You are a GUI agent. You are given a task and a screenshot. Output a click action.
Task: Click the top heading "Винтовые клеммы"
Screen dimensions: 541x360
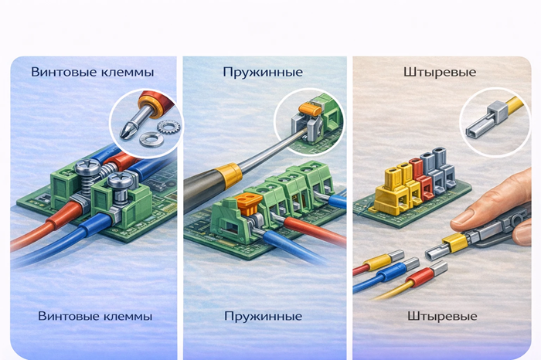point(93,72)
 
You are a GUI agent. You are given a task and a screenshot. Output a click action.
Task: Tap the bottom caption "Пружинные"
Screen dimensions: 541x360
point(264,316)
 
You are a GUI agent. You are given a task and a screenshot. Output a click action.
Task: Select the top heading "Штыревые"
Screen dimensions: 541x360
point(440,73)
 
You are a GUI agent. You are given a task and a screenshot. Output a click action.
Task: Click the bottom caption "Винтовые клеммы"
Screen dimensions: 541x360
point(95,316)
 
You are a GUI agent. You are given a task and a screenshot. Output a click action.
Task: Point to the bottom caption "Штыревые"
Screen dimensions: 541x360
point(442,316)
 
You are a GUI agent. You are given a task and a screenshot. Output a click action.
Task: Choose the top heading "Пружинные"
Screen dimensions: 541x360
point(263,73)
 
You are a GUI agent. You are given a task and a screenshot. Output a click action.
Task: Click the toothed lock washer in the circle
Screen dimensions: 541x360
point(168,127)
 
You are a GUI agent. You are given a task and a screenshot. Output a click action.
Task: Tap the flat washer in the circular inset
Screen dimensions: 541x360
point(151,139)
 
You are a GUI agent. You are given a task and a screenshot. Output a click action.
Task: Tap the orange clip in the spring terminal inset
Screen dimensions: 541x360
point(310,110)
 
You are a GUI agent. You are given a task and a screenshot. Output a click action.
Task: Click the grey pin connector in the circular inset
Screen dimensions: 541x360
point(486,121)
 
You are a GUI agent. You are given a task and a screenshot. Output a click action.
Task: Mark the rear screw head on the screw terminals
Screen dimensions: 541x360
point(87,167)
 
